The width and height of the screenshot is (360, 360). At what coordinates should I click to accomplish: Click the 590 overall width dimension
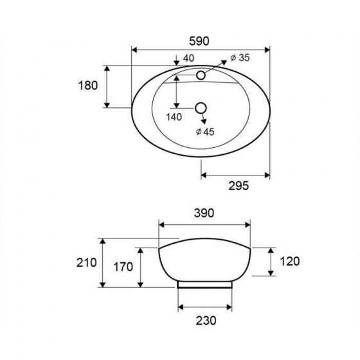199,41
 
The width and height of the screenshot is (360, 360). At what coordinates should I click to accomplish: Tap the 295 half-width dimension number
239,186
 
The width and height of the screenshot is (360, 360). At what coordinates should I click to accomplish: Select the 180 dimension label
88,85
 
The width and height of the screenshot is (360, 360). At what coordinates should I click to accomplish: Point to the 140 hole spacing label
174,117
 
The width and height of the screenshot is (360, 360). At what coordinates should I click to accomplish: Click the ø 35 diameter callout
240,58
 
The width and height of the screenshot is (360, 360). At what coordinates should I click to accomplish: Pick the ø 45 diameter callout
205,132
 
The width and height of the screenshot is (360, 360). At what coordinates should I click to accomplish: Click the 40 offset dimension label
189,59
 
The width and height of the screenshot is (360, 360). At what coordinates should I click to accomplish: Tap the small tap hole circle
201,75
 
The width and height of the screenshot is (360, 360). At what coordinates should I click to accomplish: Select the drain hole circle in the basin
201,108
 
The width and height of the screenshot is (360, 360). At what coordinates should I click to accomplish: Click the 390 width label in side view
204,213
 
